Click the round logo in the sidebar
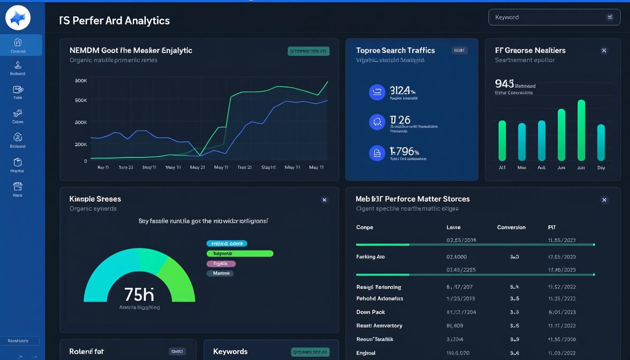(18, 18)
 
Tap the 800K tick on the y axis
(81, 81)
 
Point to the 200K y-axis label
(81, 144)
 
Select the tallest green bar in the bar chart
(581, 130)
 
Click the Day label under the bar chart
(601, 167)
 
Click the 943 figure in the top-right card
(504, 84)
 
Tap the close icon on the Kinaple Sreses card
(324, 200)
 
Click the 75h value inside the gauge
(139, 294)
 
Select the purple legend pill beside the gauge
(221, 263)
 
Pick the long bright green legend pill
(240, 254)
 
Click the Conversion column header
(511, 227)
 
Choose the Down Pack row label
(370, 312)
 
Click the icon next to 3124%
(377, 92)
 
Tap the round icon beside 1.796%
(377, 153)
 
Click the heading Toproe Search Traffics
(395, 51)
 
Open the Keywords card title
(230, 352)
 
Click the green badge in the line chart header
(308, 51)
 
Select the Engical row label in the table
(366, 353)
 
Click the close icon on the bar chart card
(604, 51)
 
